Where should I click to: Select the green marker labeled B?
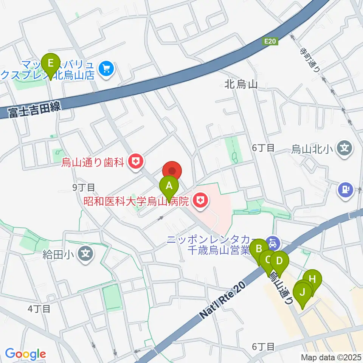[x=259, y=249]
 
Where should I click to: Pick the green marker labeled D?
[x=279, y=261]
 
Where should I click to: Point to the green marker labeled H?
[x=312, y=280]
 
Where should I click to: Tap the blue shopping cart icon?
[x=106, y=68]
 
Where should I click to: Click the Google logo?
[x=25, y=354]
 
